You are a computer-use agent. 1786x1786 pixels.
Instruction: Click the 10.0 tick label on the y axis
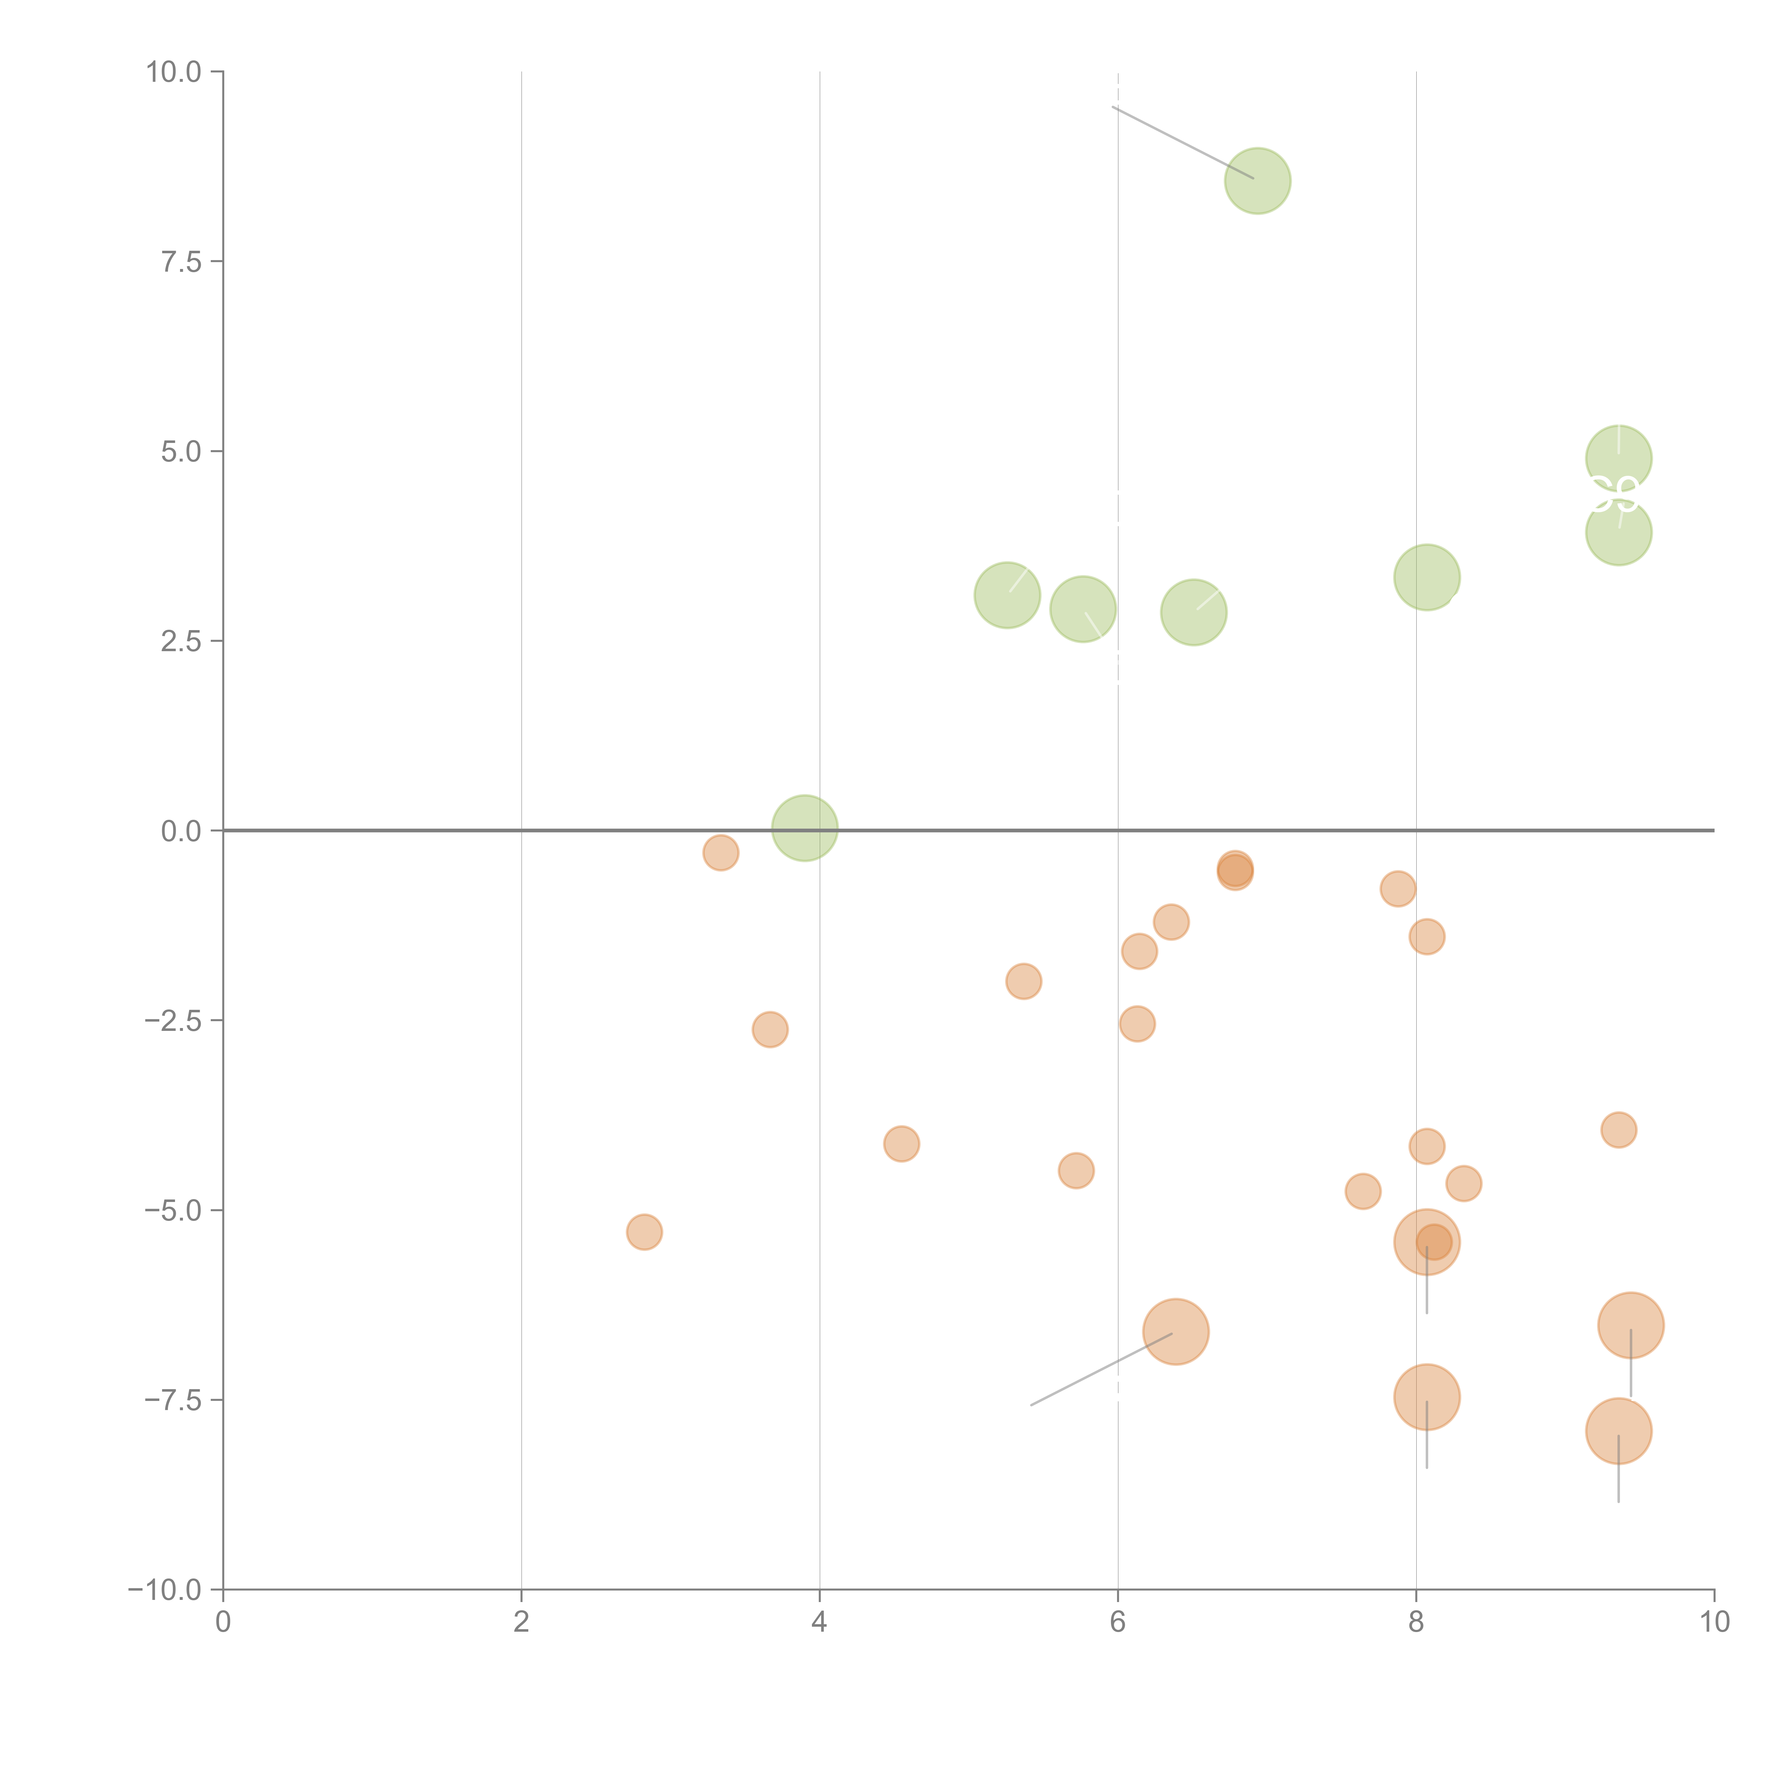pyautogui.click(x=174, y=72)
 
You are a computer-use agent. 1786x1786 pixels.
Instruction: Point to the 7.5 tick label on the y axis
pyautogui.click(x=181, y=261)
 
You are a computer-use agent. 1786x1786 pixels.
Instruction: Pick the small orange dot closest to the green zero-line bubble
pyautogui.click(x=720, y=852)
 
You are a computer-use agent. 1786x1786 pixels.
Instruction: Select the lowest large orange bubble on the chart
pyautogui.click(x=1619, y=1431)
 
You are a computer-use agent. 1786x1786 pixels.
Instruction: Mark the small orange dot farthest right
pyautogui.click(x=1619, y=1130)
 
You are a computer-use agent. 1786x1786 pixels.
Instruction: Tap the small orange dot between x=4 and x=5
pyautogui.click(x=901, y=1143)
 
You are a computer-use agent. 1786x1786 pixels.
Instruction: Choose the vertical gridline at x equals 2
pyautogui.click(x=522, y=462)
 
